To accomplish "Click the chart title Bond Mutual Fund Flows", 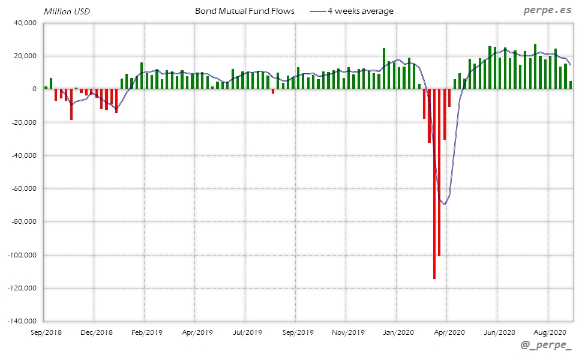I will [245, 11].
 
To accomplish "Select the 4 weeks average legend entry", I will [360, 11].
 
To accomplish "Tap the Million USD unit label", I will [67, 11].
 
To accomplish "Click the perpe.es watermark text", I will [547, 11].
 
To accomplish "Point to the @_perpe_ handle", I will [546, 346].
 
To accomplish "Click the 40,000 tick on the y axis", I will [25, 23].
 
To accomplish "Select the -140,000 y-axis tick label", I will [22, 321].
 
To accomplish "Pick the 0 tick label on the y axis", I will [34, 89].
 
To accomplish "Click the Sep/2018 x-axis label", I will [46, 332].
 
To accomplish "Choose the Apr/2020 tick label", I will [449, 332].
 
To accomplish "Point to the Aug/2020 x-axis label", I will [550, 332].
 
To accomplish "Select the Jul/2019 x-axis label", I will [247, 332].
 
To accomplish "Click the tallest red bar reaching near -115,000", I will [434, 183].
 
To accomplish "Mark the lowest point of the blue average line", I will [445, 205].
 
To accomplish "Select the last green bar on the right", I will [570, 85].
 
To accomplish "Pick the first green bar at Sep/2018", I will [46, 88].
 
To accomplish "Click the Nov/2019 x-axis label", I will [348, 332].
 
